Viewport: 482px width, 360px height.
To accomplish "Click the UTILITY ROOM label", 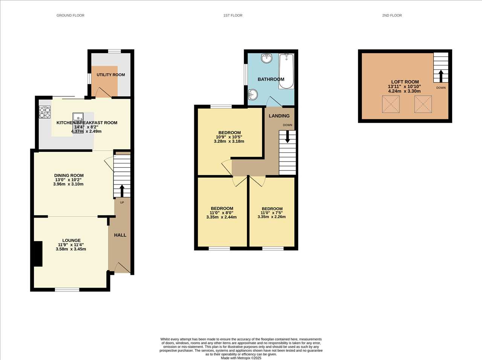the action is click(111, 75).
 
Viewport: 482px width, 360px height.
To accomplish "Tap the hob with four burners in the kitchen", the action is click(45, 112).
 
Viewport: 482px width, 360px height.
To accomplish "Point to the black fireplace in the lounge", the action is click(38, 254).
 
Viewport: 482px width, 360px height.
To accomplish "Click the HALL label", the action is click(120, 235).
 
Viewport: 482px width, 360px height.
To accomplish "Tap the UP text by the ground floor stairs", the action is click(122, 202).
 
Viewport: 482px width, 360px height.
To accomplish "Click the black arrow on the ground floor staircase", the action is click(122, 191).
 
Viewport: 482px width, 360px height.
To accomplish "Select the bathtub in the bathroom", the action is click(286, 71).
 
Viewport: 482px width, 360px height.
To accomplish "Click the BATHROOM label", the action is click(271, 79).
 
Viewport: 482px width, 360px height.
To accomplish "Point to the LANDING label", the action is click(279, 116).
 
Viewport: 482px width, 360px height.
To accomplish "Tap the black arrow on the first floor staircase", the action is click(287, 137).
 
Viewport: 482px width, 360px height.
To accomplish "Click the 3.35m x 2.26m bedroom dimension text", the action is click(272, 217).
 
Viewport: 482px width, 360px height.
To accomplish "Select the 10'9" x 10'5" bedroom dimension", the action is click(229, 137).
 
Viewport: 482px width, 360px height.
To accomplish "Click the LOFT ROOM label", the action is click(405, 82).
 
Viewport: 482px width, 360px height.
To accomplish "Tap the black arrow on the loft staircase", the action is click(441, 76).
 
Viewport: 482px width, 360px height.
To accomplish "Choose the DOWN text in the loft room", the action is click(441, 88).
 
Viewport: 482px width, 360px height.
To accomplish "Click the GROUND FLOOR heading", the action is click(70, 15).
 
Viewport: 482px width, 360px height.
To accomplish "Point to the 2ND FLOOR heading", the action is click(392, 15).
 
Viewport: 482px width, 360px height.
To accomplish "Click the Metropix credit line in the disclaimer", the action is click(241, 358).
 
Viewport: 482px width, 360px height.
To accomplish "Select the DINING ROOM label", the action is click(69, 175).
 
